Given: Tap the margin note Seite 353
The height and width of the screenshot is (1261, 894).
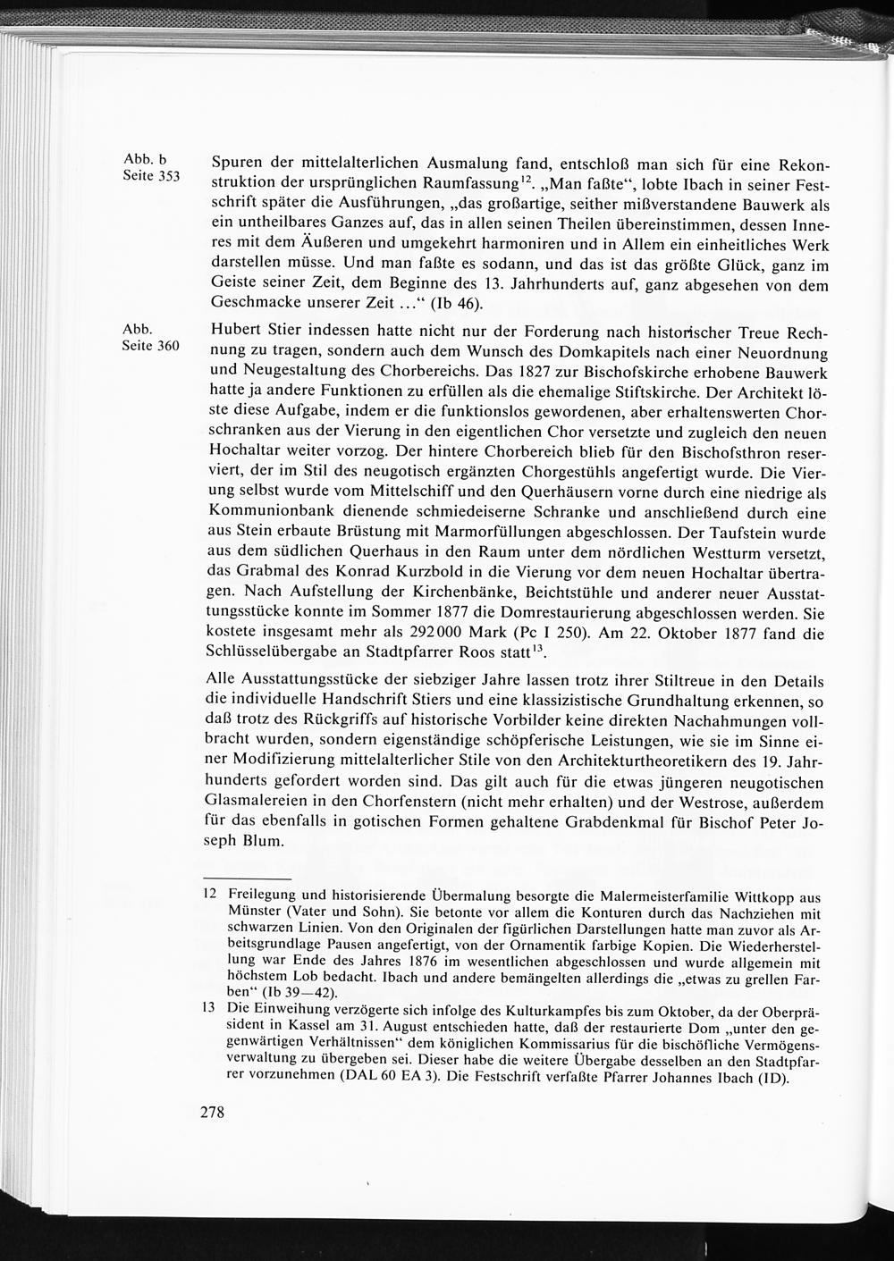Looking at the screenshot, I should pyautogui.click(x=151, y=176).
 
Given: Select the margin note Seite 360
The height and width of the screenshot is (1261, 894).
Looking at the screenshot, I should pyautogui.click(x=151, y=346).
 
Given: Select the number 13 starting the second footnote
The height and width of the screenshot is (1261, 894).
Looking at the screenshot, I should pyautogui.click(x=209, y=1007).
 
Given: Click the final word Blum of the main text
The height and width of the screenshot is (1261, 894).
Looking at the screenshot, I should pyautogui.click(x=268, y=841).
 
